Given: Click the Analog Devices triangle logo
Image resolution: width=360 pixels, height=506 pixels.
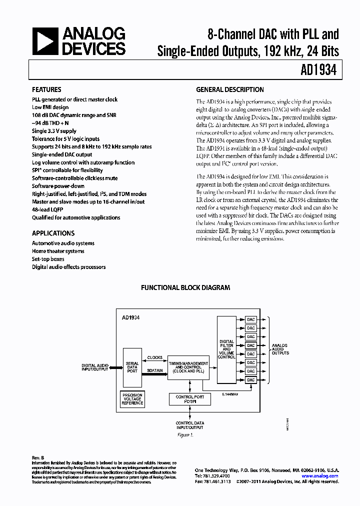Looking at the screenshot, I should [x=44, y=40].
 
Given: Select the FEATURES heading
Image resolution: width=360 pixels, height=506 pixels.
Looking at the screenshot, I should [x=46, y=90].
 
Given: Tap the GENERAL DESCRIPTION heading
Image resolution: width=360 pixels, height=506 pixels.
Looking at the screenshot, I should [x=229, y=90].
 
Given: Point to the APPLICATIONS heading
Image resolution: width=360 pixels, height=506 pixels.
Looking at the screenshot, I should [x=53, y=233].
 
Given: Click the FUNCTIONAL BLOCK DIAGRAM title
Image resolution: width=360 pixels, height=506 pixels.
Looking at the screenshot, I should [x=185, y=288].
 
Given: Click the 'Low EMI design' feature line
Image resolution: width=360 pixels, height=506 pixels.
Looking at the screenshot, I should [x=50, y=107].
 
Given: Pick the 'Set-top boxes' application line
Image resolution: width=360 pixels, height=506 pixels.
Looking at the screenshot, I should [x=48, y=259].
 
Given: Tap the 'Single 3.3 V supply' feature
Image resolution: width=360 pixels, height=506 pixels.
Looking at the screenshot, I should [x=54, y=131].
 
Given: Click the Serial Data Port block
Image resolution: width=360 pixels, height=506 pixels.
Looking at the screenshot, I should [x=132, y=367].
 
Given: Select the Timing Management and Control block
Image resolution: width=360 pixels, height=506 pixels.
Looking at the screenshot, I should [x=188, y=367].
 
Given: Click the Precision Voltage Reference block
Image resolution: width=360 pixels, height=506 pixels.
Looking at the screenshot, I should [x=132, y=398].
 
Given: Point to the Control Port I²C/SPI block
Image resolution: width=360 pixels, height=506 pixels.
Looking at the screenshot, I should [x=189, y=398].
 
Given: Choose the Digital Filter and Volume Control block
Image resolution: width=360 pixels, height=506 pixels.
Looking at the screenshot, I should [x=226, y=349].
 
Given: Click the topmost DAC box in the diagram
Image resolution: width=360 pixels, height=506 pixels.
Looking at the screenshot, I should [x=250, y=319].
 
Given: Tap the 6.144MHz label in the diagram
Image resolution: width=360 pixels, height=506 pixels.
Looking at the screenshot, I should [x=229, y=394].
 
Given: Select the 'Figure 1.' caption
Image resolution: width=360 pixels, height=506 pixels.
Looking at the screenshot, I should [x=185, y=435].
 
